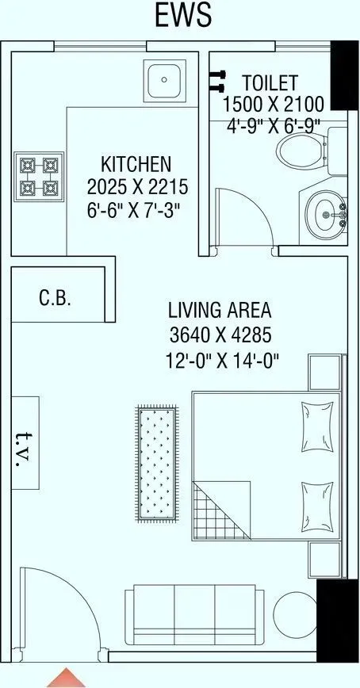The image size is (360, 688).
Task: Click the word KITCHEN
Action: (x=136, y=165)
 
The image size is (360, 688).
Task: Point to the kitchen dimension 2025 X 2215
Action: (x=136, y=189)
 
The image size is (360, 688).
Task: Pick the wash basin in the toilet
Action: (x=326, y=212)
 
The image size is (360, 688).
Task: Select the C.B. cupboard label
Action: (x=56, y=298)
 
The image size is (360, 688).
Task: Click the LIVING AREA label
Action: (x=220, y=309)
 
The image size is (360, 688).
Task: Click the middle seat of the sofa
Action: (x=195, y=614)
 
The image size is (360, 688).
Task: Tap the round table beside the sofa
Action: (x=293, y=615)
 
